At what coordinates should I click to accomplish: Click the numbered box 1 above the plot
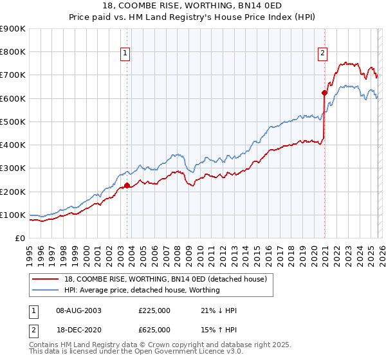coord(125,54)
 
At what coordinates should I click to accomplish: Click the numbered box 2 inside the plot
coord(322,54)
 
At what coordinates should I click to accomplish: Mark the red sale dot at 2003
coord(127,186)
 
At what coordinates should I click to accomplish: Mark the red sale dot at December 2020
coord(325,93)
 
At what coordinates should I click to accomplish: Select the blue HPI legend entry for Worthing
coord(142,290)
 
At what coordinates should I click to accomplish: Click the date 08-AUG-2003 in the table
coord(78,310)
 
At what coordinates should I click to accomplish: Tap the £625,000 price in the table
coord(154,330)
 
